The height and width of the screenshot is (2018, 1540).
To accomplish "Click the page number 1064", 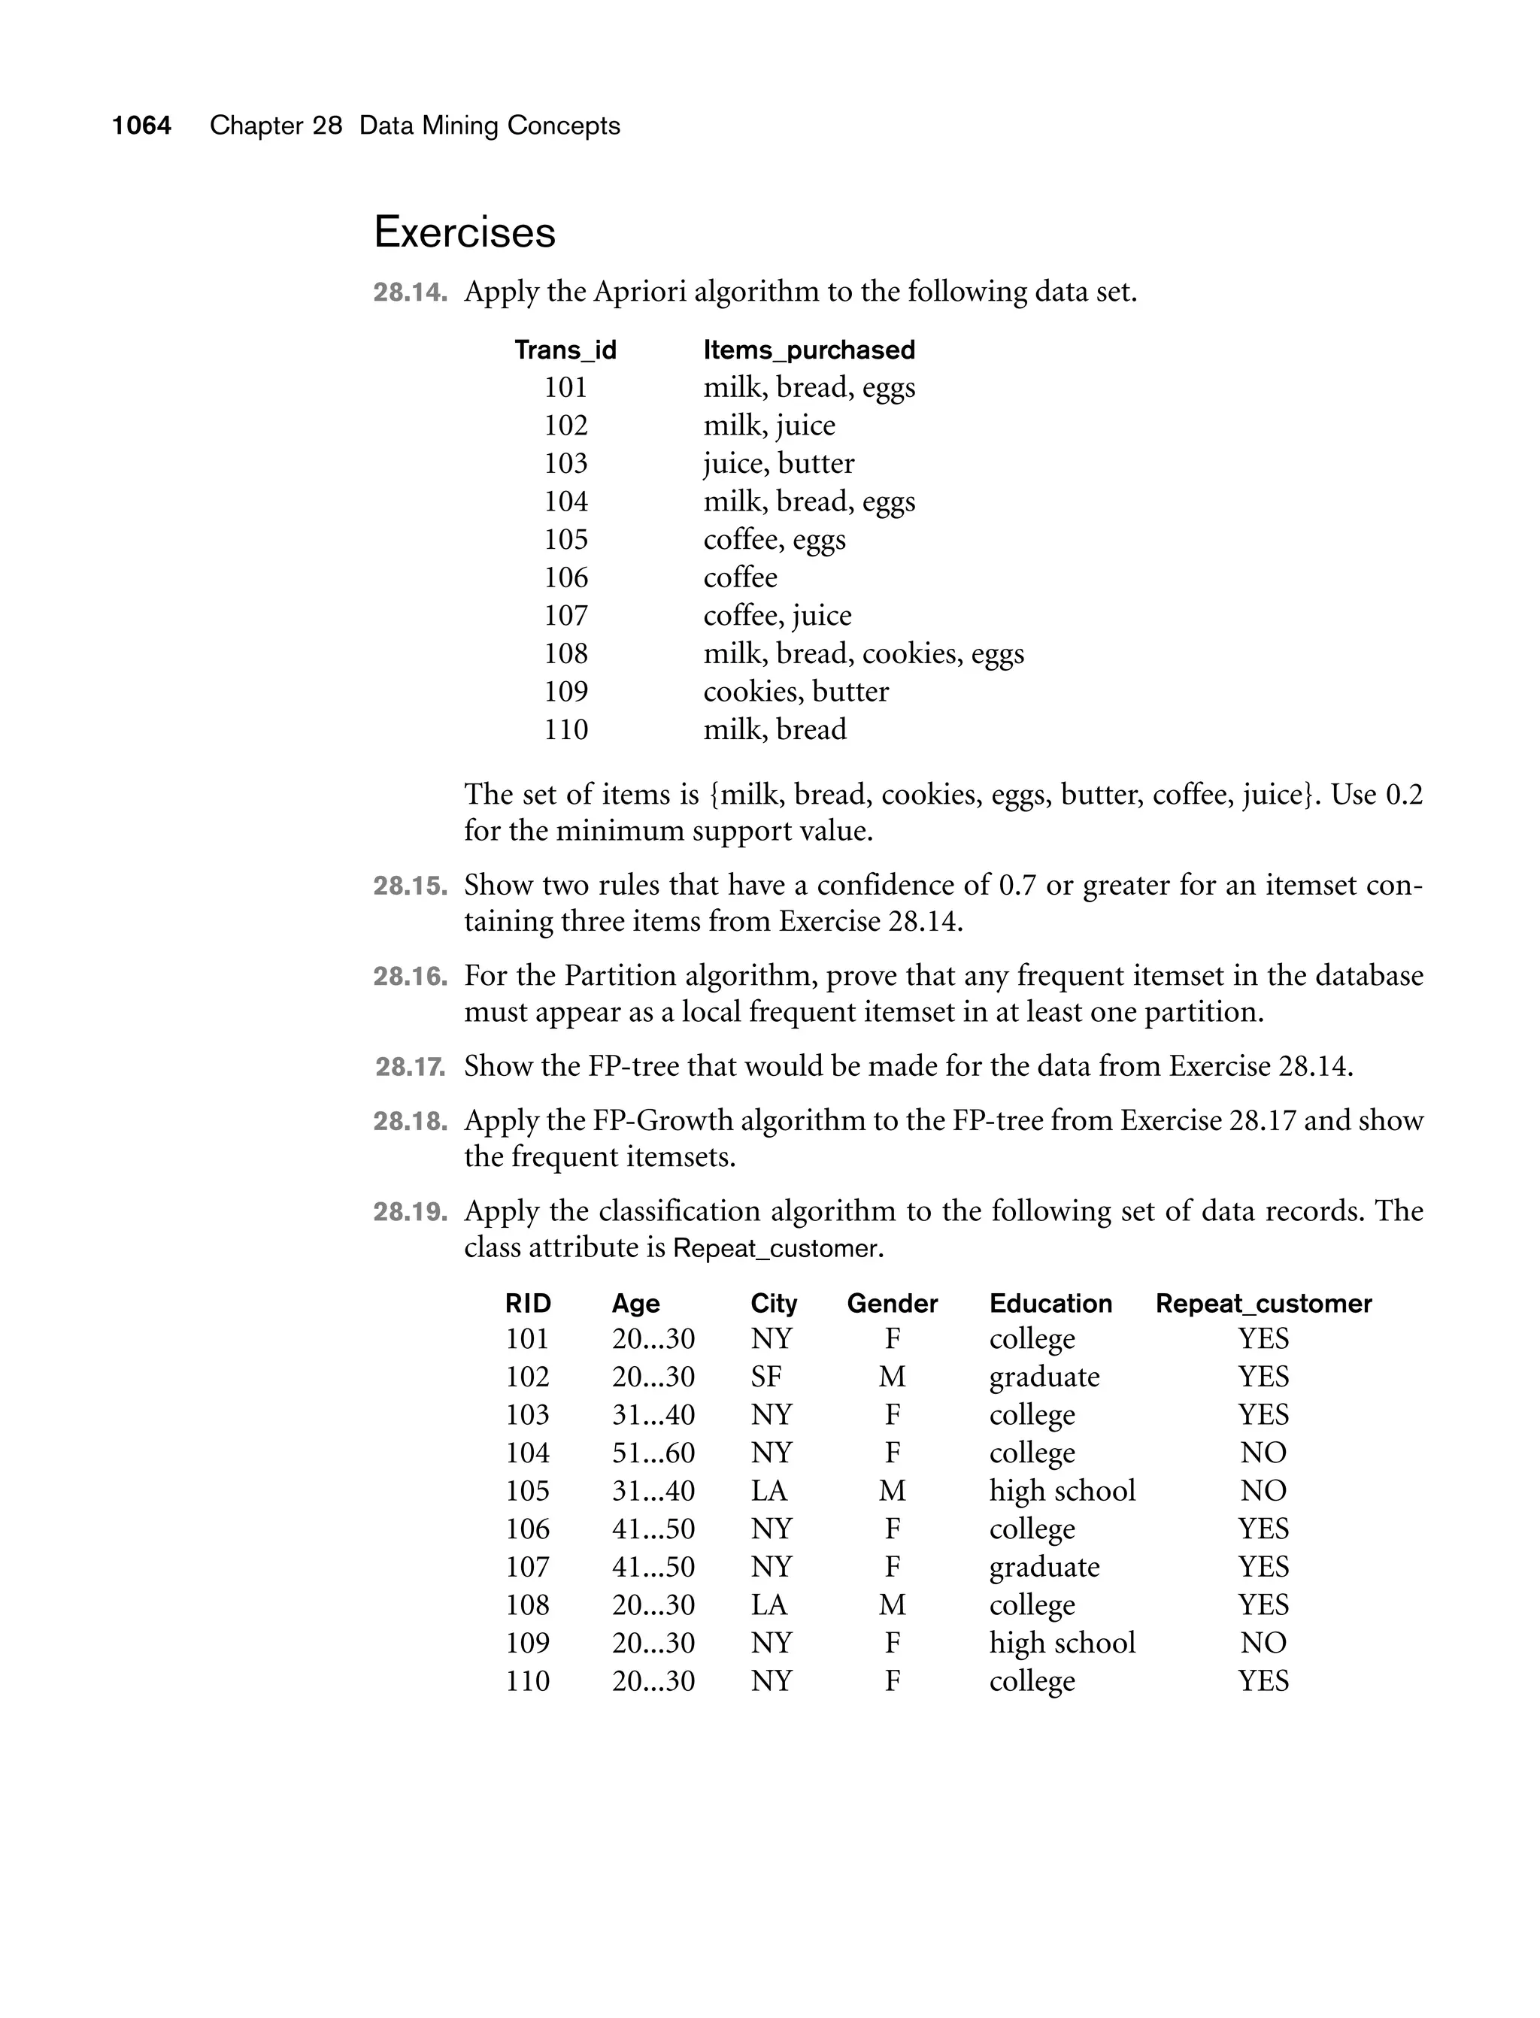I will coord(141,126).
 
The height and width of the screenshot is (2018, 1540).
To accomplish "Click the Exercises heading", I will coord(465,232).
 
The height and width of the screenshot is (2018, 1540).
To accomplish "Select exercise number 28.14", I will coord(410,292).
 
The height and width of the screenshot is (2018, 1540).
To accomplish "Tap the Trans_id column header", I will coord(565,350).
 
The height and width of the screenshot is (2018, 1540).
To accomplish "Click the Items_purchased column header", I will coord(808,350).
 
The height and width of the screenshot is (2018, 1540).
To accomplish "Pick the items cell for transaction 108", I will coord(862,653).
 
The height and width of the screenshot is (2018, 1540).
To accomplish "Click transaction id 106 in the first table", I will coord(565,577).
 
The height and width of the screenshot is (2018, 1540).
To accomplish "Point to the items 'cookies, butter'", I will coord(796,691).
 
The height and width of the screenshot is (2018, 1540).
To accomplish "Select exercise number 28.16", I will coord(410,977).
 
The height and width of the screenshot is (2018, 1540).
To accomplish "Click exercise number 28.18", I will coord(410,1122).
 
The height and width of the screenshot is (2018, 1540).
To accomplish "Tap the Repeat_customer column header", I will coord(1263,1303).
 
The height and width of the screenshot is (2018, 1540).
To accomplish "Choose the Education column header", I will coord(1050,1303).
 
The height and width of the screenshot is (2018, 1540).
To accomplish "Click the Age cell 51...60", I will coord(653,1453).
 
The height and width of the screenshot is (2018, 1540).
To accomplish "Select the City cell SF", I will coord(765,1377).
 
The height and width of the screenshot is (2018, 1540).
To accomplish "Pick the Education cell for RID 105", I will coord(1062,1491).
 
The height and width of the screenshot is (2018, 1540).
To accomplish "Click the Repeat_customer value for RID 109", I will coord(1263,1643).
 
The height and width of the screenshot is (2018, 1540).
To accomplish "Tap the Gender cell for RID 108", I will coord(892,1604).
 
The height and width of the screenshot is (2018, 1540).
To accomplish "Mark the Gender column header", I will coord(892,1303).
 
